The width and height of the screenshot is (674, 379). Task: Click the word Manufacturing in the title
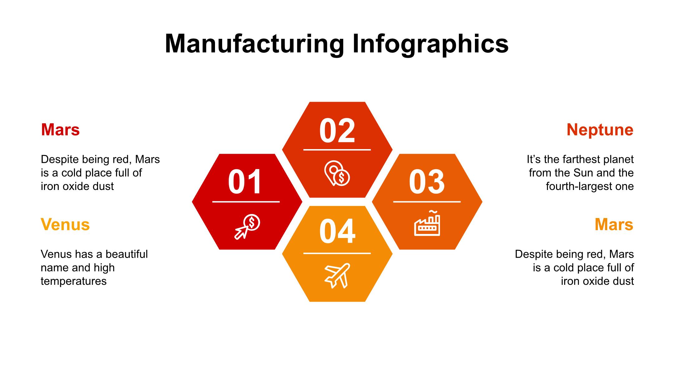(254, 44)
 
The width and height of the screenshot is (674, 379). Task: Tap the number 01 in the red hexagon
(245, 182)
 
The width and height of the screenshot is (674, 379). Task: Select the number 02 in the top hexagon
(337, 130)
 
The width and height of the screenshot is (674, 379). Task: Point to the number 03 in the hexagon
(427, 182)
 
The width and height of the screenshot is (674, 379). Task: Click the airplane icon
(337, 275)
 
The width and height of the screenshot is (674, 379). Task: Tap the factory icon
(427, 223)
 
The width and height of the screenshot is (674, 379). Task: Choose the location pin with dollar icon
(337, 173)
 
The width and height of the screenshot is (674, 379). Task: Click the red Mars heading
(60, 130)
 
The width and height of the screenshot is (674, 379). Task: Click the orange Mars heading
(614, 225)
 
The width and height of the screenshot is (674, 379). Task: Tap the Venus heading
(65, 225)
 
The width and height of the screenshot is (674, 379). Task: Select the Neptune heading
(600, 130)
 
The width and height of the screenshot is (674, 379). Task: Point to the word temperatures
(74, 281)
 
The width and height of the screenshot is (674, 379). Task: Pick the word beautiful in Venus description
(127, 254)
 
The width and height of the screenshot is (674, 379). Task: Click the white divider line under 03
(427, 202)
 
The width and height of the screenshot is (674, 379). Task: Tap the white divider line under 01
(246, 202)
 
